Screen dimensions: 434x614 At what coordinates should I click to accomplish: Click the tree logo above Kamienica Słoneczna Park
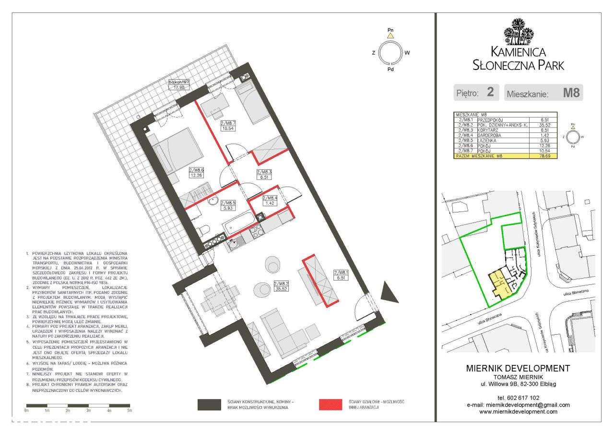(518, 31)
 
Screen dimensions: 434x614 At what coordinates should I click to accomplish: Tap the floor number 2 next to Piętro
(490, 92)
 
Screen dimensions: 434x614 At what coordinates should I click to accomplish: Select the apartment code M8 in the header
(571, 93)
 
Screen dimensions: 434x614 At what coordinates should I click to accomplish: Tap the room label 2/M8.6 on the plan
(197, 172)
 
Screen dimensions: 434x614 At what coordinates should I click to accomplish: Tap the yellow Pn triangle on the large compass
(391, 35)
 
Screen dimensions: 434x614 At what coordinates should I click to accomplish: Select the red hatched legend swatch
(331, 404)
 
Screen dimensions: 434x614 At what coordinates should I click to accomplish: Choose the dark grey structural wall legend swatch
(210, 404)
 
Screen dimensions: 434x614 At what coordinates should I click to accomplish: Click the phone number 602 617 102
(518, 398)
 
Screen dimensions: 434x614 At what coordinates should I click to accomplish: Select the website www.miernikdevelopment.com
(518, 411)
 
